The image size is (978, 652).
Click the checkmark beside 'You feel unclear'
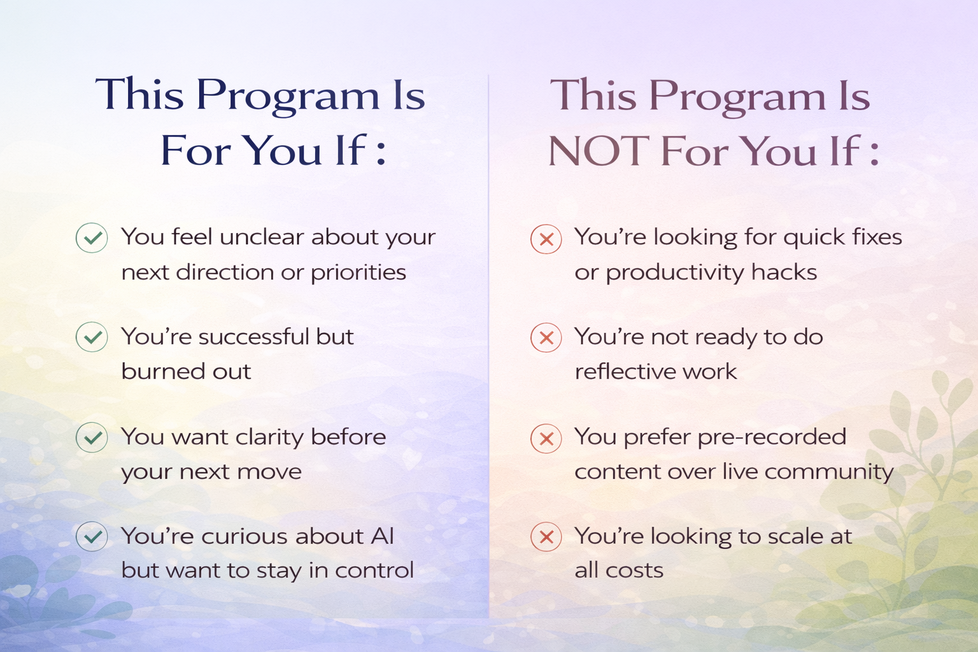click(92, 238)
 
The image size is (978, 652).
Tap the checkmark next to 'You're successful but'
click(92, 337)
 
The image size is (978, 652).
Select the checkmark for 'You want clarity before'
click(92, 437)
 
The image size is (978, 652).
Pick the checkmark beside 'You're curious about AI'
click(92, 536)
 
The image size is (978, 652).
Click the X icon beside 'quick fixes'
click(546, 239)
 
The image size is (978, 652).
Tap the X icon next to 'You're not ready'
click(546, 337)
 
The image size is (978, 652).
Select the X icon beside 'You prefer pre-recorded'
click(546, 439)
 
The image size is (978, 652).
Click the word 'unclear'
click(262, 237)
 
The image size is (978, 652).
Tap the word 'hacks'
click(784, 272)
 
